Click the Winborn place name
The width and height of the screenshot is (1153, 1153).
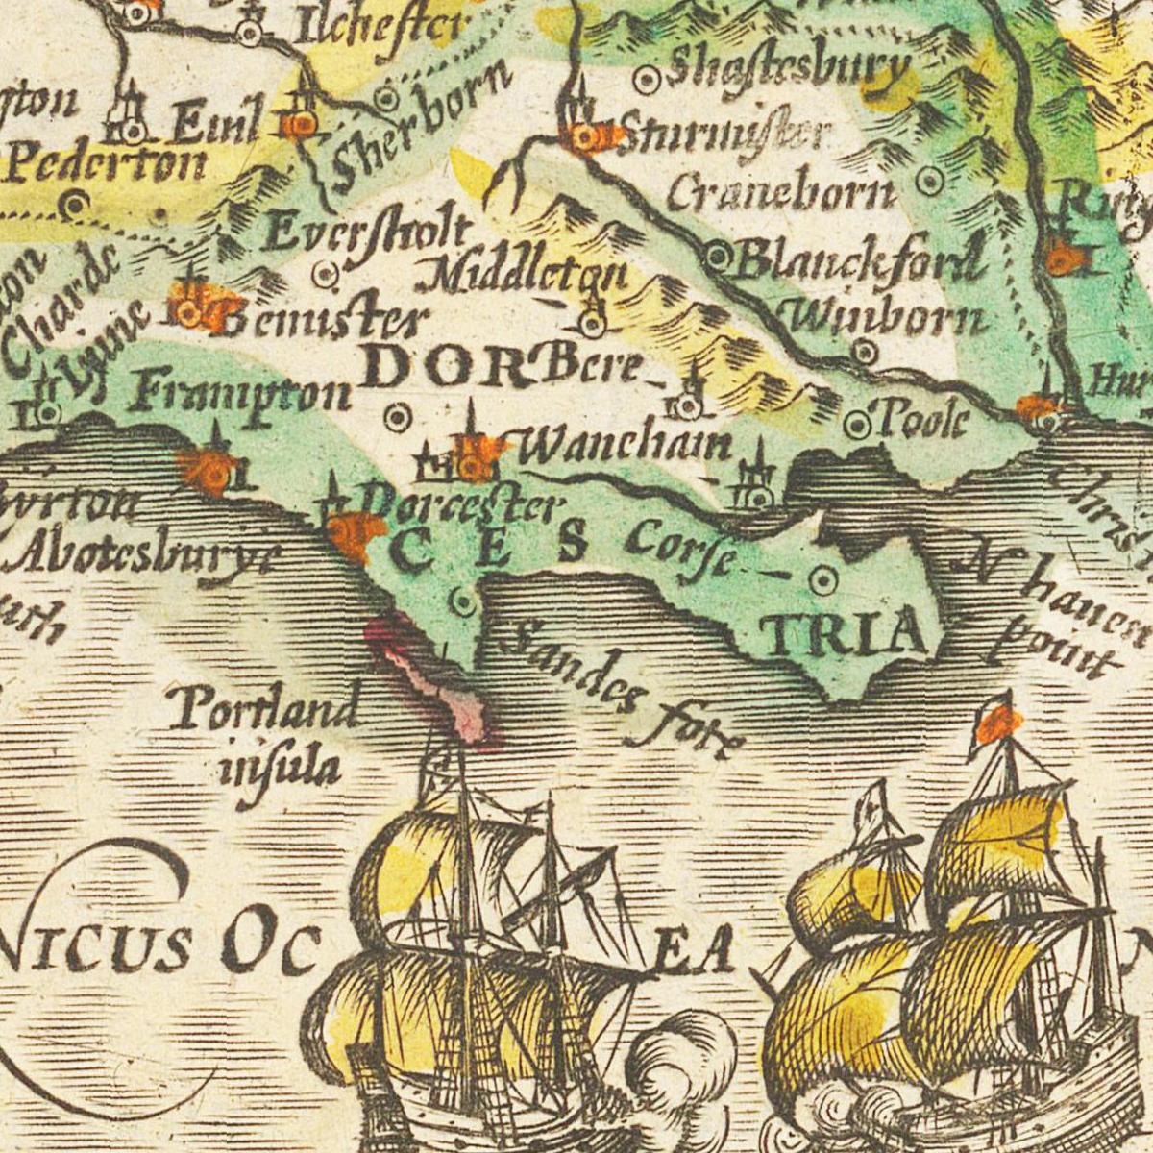coord(888,316)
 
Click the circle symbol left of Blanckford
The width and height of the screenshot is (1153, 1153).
coord(718,256)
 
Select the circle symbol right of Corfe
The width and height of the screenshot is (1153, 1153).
coord(822,580)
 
